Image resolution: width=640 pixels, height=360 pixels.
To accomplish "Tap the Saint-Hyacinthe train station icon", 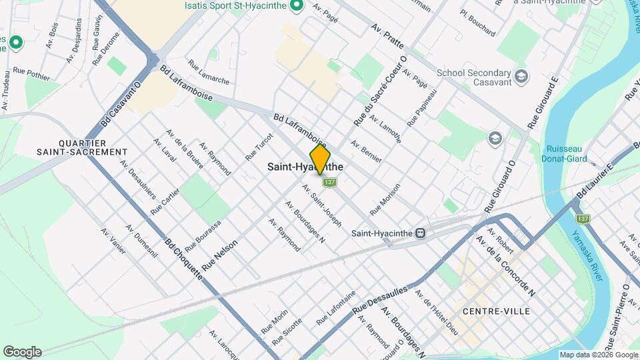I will [x=421, y=233].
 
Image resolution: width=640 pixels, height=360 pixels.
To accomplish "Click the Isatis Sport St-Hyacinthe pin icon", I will [x=299, y=7].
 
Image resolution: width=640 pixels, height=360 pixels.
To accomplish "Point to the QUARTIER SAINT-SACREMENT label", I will [x=93, y=147].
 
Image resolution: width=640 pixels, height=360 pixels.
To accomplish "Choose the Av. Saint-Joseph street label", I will [x=321, y=205].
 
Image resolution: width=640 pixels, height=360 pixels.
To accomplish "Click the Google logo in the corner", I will [x=22, y=352].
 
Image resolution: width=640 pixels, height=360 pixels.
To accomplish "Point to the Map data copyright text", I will [x=598, y=355].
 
